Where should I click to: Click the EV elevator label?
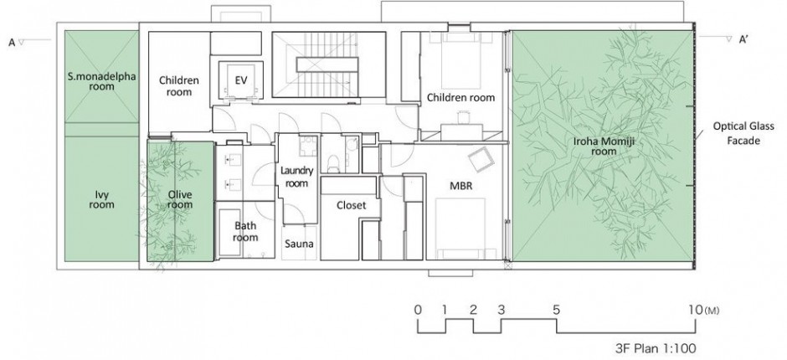pyautogui.click(x=241, y=80)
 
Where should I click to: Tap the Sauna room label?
pyautogui.click(x=299, y=244)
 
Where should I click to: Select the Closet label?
pyautogui.click(x=352, y=205)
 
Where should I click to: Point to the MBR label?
pyautogui.click(x=461, y=186)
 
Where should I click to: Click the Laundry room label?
pyautogui.click(x=296, y=177)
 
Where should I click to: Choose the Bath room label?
pyautogui.click(x=245, y=231)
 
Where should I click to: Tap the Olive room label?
pyautogui.click(x=180, y=199)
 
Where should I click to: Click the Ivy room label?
pyautogui.click(x=102, y=199)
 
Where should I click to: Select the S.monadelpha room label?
pyautogui.click(x=102, y=81)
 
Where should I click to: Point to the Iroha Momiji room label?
pyautogui.click(x=604, y=147)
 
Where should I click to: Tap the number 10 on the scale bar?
pyautogui.click(x=696, y=310)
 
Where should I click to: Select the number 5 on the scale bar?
pyautogui.click(x=556, y=310)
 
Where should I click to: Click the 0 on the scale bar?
pyautogui.click(x=418, y=310)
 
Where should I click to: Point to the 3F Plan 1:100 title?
pyautogui.click(x=656, y=347)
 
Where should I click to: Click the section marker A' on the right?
pyautogui.click(x=743, y=40)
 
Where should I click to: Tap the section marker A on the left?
pyautogui.click(x=12, y=43)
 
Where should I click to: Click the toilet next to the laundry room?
pyautogui.click(x=332, y=161)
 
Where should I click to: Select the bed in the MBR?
pyautogui.click(x=460, y=229)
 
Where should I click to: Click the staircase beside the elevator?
pyautogui.click(x=329, y=64)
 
